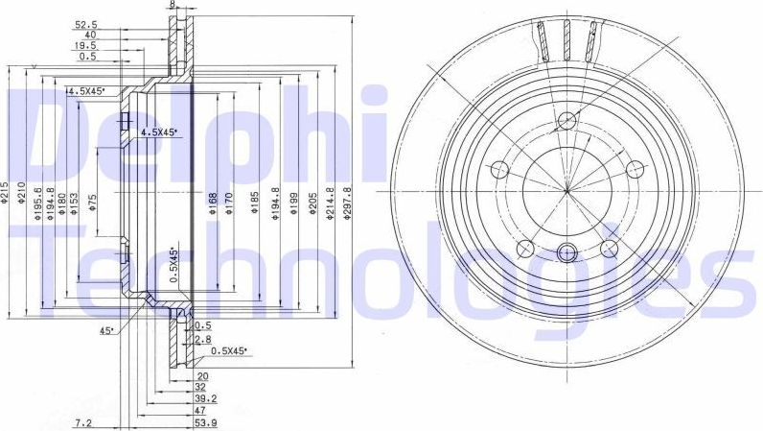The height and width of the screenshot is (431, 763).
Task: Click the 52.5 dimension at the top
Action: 86,25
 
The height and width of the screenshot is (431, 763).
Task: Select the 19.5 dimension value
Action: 86,45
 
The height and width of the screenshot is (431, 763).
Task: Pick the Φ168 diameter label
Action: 213,203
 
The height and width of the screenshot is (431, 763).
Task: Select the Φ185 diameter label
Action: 255,203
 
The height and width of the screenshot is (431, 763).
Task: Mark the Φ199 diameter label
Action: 293,202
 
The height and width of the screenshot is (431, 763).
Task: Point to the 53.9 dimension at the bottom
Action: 205,422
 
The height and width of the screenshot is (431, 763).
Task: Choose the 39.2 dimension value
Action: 205,396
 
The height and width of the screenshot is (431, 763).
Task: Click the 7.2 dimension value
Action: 83,422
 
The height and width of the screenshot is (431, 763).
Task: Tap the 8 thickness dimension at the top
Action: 173,5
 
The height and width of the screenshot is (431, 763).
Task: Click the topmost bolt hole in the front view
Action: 566,121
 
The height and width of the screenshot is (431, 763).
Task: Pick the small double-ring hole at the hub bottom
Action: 566,253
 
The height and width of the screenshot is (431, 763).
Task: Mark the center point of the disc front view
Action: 566,190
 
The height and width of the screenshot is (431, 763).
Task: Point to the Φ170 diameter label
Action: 228,203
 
